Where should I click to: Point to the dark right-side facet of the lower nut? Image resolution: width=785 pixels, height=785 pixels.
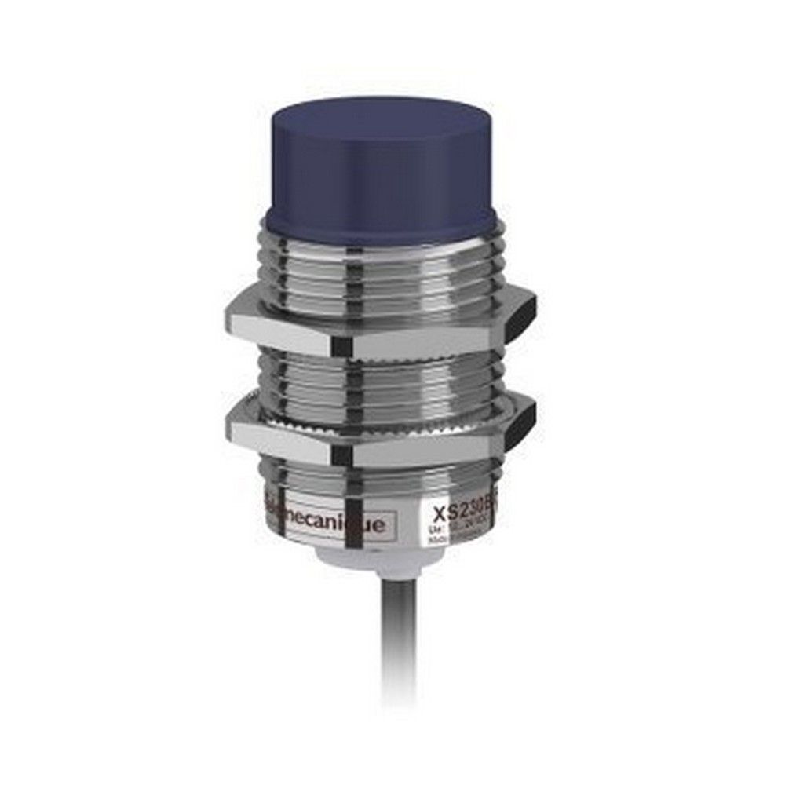tap(519, 422)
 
